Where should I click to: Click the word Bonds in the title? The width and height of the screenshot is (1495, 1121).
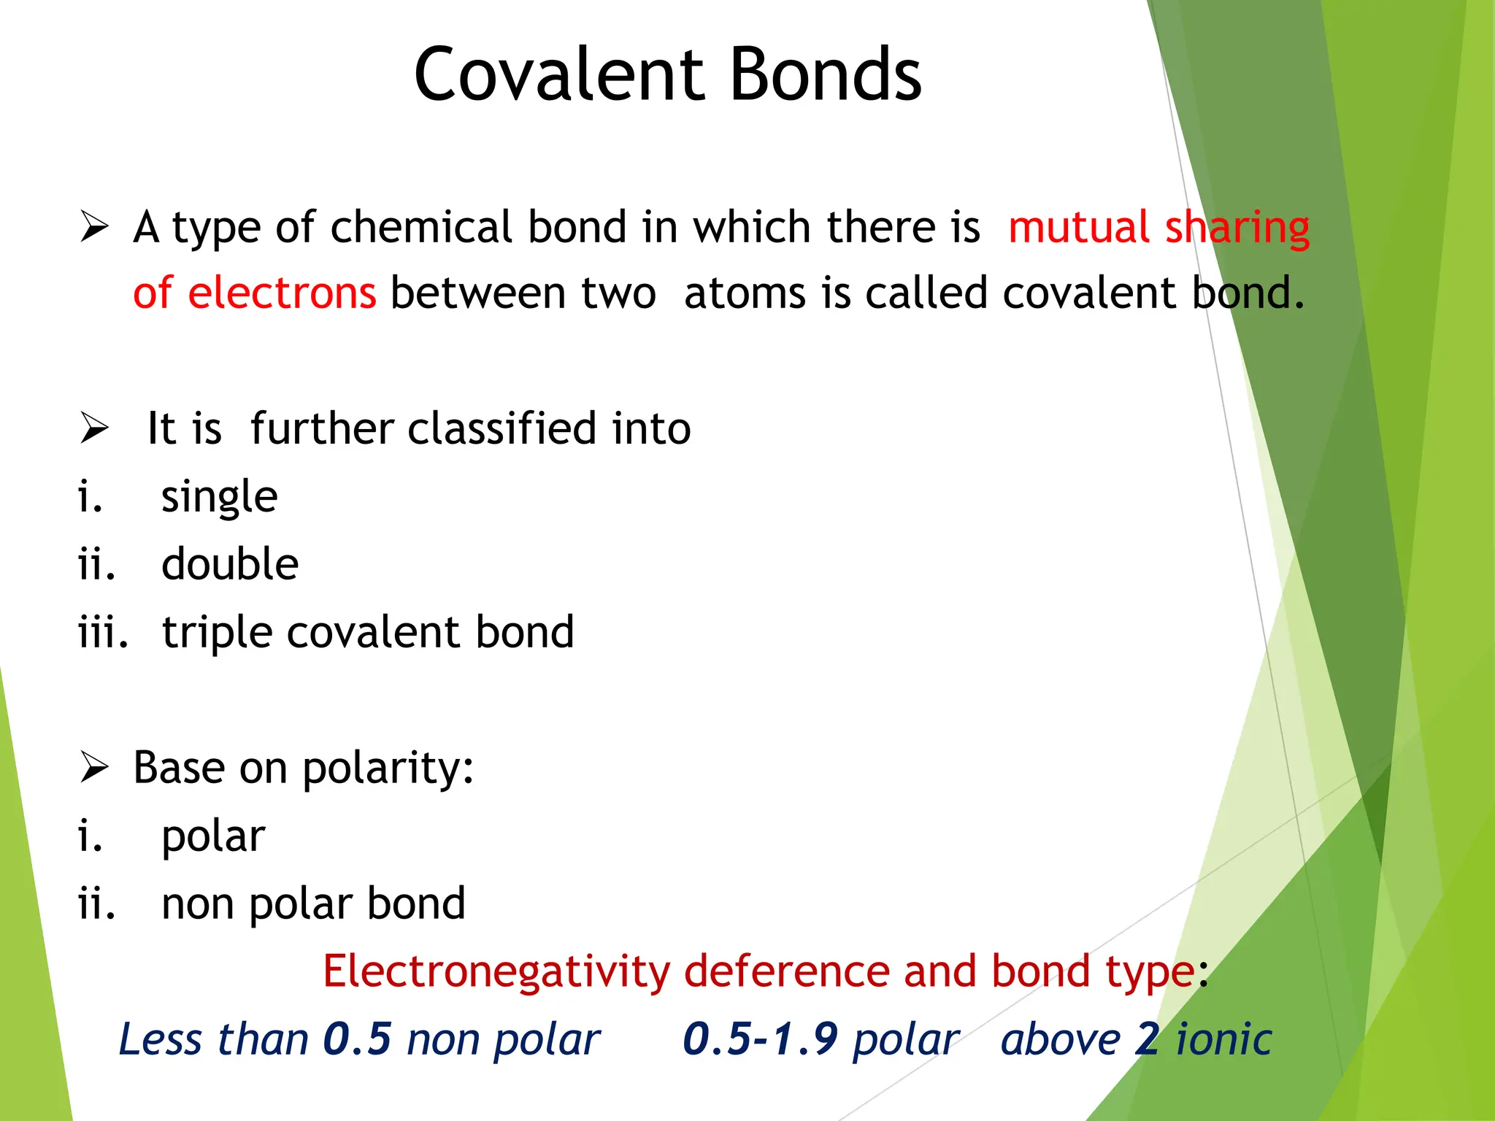826,74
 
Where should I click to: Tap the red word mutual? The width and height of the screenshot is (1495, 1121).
1079,227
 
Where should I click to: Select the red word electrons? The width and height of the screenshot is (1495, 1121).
282,293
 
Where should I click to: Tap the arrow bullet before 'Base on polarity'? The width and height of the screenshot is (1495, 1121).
94,768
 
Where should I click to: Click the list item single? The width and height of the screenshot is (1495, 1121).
219,498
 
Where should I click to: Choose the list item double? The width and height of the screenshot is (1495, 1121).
230,564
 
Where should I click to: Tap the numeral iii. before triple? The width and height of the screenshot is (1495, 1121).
103,632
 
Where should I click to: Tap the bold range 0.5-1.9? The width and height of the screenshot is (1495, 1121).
759,1039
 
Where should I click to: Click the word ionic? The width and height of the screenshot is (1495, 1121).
1224,1039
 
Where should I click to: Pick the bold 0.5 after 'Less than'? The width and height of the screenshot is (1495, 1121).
357,1039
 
